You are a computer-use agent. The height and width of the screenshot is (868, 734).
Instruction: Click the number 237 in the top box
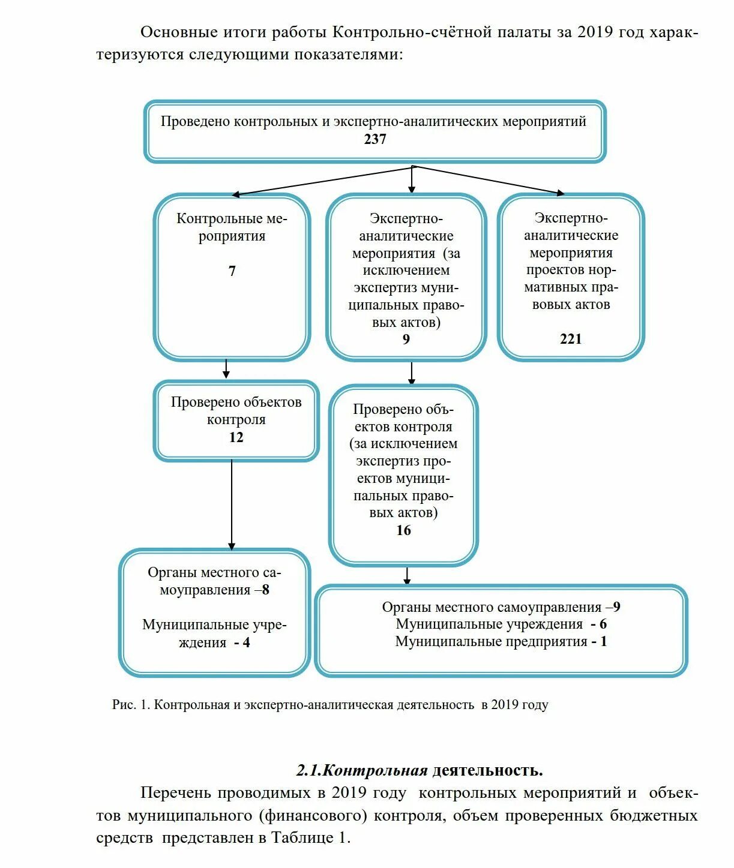coord(375,139)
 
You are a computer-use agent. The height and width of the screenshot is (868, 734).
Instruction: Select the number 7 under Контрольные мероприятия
coord(232,271)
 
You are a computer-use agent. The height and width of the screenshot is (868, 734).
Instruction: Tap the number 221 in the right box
coord(571,339)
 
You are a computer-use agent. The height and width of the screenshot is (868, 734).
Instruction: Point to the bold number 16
coord(403,530)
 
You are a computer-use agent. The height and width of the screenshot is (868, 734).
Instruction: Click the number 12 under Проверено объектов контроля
coord(236,437)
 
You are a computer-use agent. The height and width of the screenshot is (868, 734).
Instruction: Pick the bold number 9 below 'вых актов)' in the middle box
coord(406,340)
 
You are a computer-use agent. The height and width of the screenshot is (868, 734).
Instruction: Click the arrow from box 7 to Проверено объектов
coord(226,369)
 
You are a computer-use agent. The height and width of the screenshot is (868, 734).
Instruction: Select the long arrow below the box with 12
coord(232,504)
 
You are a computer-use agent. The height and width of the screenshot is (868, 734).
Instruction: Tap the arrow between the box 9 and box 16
coord(411,373)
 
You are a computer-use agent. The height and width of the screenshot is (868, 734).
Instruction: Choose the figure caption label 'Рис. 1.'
coord(131,705)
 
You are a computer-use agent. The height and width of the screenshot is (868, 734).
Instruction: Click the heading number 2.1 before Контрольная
coord(308,771)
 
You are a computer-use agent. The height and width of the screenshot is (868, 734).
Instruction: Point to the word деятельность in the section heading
coord(487,771)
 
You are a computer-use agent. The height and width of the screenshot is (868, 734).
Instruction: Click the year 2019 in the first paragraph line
coord(595,32)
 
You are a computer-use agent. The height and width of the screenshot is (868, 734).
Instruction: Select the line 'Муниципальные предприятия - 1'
coord(501,642)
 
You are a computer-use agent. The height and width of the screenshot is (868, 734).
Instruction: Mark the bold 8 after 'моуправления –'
coord(265,590)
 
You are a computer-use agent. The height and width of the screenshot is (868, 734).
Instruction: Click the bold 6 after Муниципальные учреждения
coord(603,624)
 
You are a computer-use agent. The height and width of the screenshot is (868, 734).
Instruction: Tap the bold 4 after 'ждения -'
coord(246,643)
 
